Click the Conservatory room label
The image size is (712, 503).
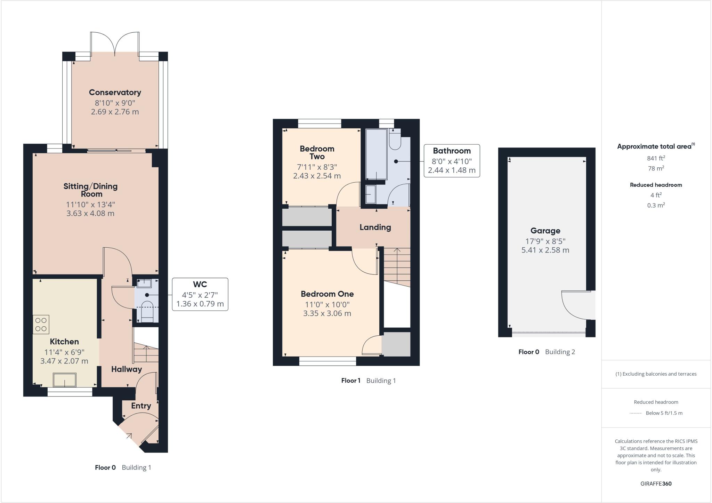pyautogui.click(x=115, y=93)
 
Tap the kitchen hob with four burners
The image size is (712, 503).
pyautogui.click(x=41, y=325)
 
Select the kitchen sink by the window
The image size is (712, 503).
pyautogui.click(x=64, y=380)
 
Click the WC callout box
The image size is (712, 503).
pyautogui.click(x=200, y=294)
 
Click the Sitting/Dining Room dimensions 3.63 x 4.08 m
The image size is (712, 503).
pyautogui.click(x=90, y=213)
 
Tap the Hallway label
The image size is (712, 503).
pyautogui.click(x=126, y=369)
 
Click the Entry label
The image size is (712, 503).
pyautogui.click(x=141, y=406)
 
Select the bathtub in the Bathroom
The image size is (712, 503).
pyautogui.click(x=376, y=154)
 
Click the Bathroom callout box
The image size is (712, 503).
pyautogui.click(x=452, y=161)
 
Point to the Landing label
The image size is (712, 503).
pyautogui.click(x=375, y=227)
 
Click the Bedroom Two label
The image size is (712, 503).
pyautogui.click(x=317, y=152)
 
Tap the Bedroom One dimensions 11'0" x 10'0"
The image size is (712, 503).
pyautogui.click(x=327, y=304)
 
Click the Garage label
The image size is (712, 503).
pyautogui.click(x=545, y=231)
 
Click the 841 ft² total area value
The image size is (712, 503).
pyautogui.click(x=656, y=158)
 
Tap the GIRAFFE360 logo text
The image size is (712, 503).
pyautogui.click(x=656, y=484)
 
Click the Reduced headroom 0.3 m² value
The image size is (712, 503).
pyautogui.click(x=656, y=205)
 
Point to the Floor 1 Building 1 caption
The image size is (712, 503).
pyautogui.click(x=368, y=381)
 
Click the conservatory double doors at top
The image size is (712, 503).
pyautogui.click(x=115, y=43)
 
